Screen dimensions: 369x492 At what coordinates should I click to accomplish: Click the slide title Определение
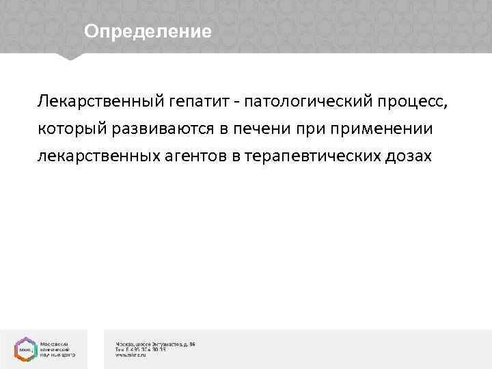click(148, 31)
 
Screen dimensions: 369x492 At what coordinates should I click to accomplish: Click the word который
click(69, 129)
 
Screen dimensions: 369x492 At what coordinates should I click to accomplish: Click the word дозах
click(408, 156)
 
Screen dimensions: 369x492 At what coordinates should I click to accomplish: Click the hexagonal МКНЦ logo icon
click(25, 348)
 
